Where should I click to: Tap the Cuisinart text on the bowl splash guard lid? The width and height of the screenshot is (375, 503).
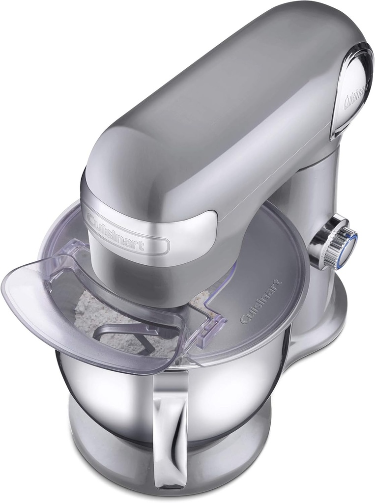pyautogui.click(x=261, y=301)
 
